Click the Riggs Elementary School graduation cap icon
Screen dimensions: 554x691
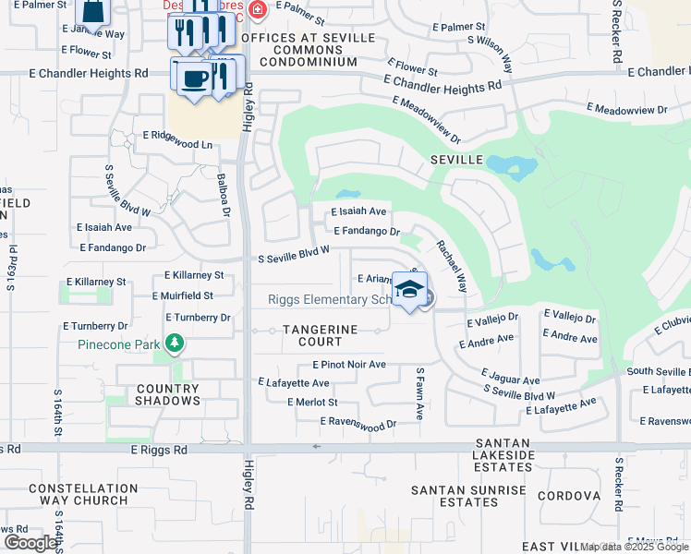407,290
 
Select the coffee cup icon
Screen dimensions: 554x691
192,78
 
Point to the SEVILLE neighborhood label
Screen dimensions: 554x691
456,160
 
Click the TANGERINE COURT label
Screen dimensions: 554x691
321,335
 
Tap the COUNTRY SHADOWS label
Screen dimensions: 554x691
168,394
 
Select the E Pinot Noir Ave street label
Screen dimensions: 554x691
348,365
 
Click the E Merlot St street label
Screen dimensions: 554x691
312,403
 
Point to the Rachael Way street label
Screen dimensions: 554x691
453,268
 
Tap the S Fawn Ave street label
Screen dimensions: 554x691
419,394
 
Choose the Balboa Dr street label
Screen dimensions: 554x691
223,194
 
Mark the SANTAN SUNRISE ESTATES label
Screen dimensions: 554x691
468,496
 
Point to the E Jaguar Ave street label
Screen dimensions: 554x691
510,376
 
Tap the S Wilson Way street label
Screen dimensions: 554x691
491,54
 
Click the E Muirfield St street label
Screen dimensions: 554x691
183,295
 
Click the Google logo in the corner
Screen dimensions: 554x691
30,543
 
